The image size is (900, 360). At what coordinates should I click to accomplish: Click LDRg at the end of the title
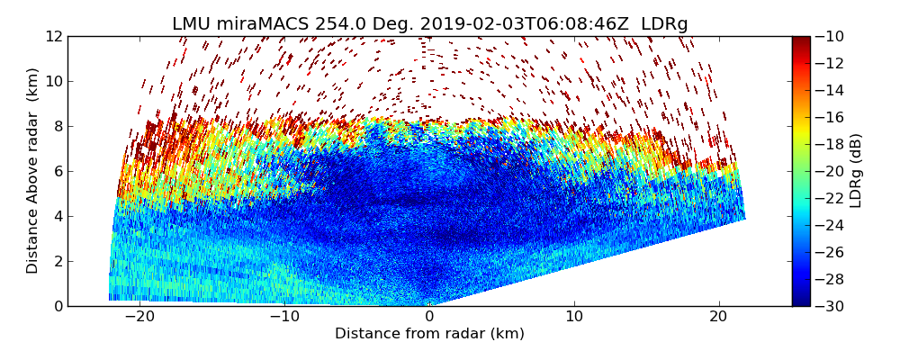point(664,24)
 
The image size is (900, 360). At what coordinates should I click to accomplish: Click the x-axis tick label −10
point(283,317)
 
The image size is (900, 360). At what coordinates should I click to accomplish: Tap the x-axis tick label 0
point(429,317)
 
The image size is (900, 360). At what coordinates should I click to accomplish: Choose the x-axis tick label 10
point(574,317)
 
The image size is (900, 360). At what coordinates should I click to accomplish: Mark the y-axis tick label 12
point(52,36)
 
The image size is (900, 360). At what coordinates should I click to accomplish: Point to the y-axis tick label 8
point(56,126)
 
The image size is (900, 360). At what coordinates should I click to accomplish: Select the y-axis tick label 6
point(56,171)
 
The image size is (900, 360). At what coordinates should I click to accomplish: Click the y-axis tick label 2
point(56,261)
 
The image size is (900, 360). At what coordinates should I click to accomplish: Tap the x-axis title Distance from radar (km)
point(429,334)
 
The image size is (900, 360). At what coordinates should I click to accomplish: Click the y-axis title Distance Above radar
point(32,171)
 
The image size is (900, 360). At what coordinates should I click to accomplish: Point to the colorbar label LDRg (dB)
point(855,171)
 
